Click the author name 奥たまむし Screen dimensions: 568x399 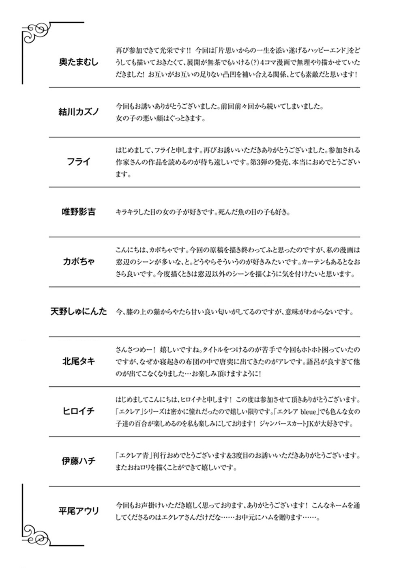point(79,62)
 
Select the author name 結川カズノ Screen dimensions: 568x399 point(79,112)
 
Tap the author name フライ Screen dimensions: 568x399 point(79,162)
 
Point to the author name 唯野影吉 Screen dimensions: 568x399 point(79,212)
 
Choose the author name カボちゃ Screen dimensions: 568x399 point(79,262)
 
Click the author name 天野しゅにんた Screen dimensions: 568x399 point(79,312)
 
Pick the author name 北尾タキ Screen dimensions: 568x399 point(79,361)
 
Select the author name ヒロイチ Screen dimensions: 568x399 point(79,411)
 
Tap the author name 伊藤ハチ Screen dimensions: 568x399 point(79,461)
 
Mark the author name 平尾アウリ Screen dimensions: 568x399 point(79,511)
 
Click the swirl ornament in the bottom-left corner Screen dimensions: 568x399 point(37,531)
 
